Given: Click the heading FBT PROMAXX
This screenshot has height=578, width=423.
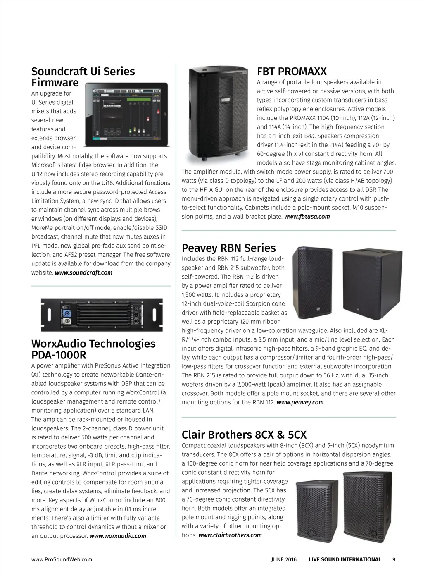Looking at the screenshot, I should pyautogui.click(x=292, y=71).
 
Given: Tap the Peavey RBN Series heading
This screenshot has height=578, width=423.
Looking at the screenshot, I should pyautogui.click(x=228, y=248).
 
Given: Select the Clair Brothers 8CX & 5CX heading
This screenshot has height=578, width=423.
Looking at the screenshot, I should pyautogui.click(x=244, y=435).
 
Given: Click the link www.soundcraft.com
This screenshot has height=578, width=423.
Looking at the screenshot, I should pyautogui.click(x=83, y=272).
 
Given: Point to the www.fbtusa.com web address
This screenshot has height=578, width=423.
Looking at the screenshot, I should pyautogui.click(x=307, y=217).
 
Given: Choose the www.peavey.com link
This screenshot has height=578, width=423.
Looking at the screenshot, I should pyautogui.click(x=300, y=402).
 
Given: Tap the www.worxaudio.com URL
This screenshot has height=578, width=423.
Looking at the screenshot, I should pyautogui.click(x=118, y=536).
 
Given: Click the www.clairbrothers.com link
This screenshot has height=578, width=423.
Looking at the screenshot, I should pyautogui.click(x=230, y=535).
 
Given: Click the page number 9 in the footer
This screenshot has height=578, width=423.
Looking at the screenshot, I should pyautogui.click(x=394, y=559).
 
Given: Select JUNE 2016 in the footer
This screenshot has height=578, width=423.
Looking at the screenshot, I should pyautogui.click(x=284, y=559).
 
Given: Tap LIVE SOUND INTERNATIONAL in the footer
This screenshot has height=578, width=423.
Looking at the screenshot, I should pyautogui.click(x=345, y=559).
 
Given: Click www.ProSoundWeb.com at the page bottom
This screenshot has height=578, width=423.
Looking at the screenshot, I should pyautogui.click(x=62, y=559).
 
